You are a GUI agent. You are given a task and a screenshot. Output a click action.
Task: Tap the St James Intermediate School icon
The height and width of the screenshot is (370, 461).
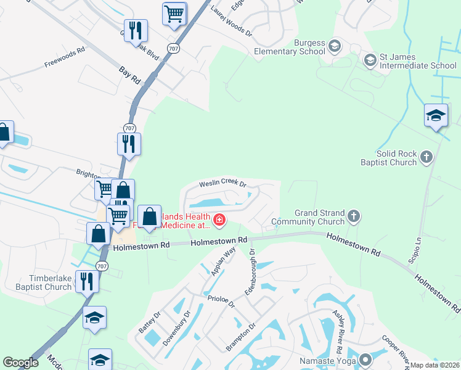370,60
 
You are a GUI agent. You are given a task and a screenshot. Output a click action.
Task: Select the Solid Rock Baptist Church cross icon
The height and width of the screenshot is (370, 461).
426,158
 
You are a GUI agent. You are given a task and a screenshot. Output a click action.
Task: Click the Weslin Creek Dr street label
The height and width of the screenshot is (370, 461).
222,184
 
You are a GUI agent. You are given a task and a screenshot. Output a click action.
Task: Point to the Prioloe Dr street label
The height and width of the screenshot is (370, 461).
221,300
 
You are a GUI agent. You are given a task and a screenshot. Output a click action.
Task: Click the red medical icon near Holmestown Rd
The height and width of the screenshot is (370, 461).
219,220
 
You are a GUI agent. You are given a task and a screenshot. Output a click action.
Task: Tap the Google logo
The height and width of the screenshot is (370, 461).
21,363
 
